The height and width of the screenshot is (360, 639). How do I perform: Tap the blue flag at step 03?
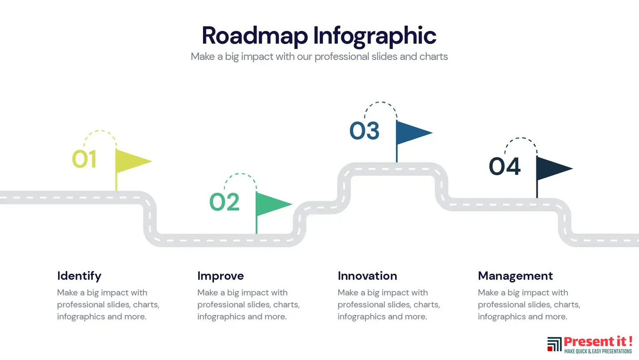coord(410,132)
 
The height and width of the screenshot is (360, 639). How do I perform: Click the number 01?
coord(84,159)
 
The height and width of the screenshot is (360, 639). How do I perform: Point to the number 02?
coord(225,202)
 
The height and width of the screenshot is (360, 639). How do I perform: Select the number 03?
coord(364,131)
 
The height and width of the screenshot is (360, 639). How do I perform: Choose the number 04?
coord(505,167)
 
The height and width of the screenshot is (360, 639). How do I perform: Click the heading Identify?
coord(79,276)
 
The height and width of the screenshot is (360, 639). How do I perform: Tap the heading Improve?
coord(220,276)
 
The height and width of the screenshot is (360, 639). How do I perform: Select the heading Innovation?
coord(367,276)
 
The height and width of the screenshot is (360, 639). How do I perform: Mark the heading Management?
coord(515,276)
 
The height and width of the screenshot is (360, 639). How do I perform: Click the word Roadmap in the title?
coord(255,35)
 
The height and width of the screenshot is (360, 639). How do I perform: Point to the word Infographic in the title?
coord(375,36)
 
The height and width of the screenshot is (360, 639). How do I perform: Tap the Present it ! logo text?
coord(598,341)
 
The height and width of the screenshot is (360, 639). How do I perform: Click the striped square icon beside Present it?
coord(555,344)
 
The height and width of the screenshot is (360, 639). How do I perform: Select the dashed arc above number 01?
coord(100,131)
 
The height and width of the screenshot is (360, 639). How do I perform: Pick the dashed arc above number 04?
coord(521,138)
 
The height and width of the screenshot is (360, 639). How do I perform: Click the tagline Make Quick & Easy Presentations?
coord(598,351)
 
